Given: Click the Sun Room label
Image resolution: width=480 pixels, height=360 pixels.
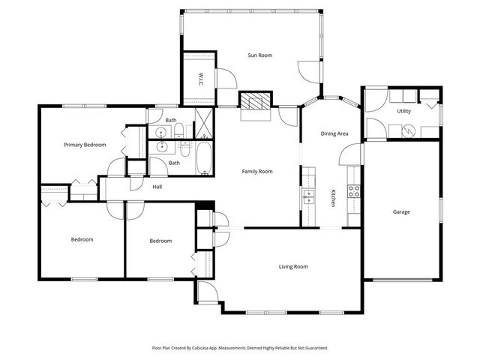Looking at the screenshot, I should pyautogui.click(x=260, y=55).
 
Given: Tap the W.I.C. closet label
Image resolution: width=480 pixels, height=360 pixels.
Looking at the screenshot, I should pyautogui.click(x=201, y=78).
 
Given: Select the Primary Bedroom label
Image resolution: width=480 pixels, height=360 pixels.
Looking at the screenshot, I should pyautogui.click(x=85, y=145).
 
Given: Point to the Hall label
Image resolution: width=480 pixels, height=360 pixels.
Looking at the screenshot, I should pyautogui.click(x=157, y=187).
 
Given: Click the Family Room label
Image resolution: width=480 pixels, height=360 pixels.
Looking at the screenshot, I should pyautogui.click(x=256, y=172).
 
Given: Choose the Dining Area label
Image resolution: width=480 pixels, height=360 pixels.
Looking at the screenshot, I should pyautogui.click(x=334, y=134).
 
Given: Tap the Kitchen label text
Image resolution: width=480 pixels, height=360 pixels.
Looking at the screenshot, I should pyautogui.click(x=333, y=199).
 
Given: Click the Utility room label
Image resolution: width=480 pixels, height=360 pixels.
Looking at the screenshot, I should pyautogui.click(x=403, y=111).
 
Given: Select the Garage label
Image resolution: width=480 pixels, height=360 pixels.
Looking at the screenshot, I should pyautogui.click(x=401, y=212).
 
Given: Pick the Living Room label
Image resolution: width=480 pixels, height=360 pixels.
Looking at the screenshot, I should pyautogui.click(x=293, y=266).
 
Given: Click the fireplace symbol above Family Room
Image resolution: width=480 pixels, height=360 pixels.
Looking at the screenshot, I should pyautogui.click(x=254, y=101).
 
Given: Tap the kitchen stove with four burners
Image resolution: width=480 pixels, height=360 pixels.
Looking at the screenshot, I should pyautogui.click(x=353, y=190).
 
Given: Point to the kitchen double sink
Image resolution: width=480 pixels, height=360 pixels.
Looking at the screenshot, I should pyautogui.click(x=308, y=196).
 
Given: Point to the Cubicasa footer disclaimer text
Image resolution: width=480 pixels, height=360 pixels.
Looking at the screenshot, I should pyautogui.click(x=240, y=348).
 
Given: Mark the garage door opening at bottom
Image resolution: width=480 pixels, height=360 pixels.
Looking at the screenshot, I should pyautogui.click(x=403, y=280).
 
